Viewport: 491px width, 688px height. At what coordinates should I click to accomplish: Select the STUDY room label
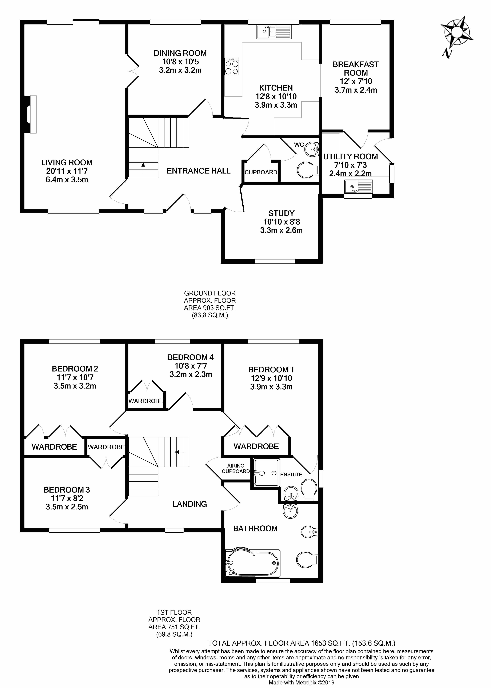coord(281,213)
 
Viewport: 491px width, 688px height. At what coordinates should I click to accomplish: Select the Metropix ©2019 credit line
coord(302,683)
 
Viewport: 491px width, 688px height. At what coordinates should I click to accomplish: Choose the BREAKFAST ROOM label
coord(356,69)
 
